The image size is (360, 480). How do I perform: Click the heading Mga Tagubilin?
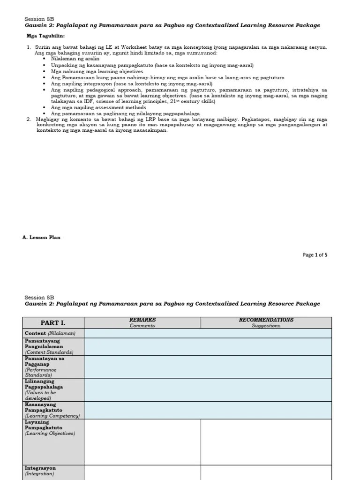coord(45,36)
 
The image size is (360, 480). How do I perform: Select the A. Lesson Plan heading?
coord(41,238)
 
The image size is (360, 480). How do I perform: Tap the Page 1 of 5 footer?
coord(315,255)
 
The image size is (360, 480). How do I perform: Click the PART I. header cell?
coord(53,323)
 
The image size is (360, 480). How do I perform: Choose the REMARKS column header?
coord(142,320)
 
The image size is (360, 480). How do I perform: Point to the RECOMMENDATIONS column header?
coord(266,320)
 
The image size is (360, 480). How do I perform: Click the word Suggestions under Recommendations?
coord(266,326)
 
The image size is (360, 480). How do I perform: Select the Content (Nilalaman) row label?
coord(50,333)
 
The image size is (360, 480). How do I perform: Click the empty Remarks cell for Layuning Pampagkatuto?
coord(142,442)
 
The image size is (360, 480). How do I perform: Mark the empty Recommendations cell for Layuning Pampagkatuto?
coord(266,442)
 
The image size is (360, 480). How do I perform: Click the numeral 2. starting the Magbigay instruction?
coord(29,120)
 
